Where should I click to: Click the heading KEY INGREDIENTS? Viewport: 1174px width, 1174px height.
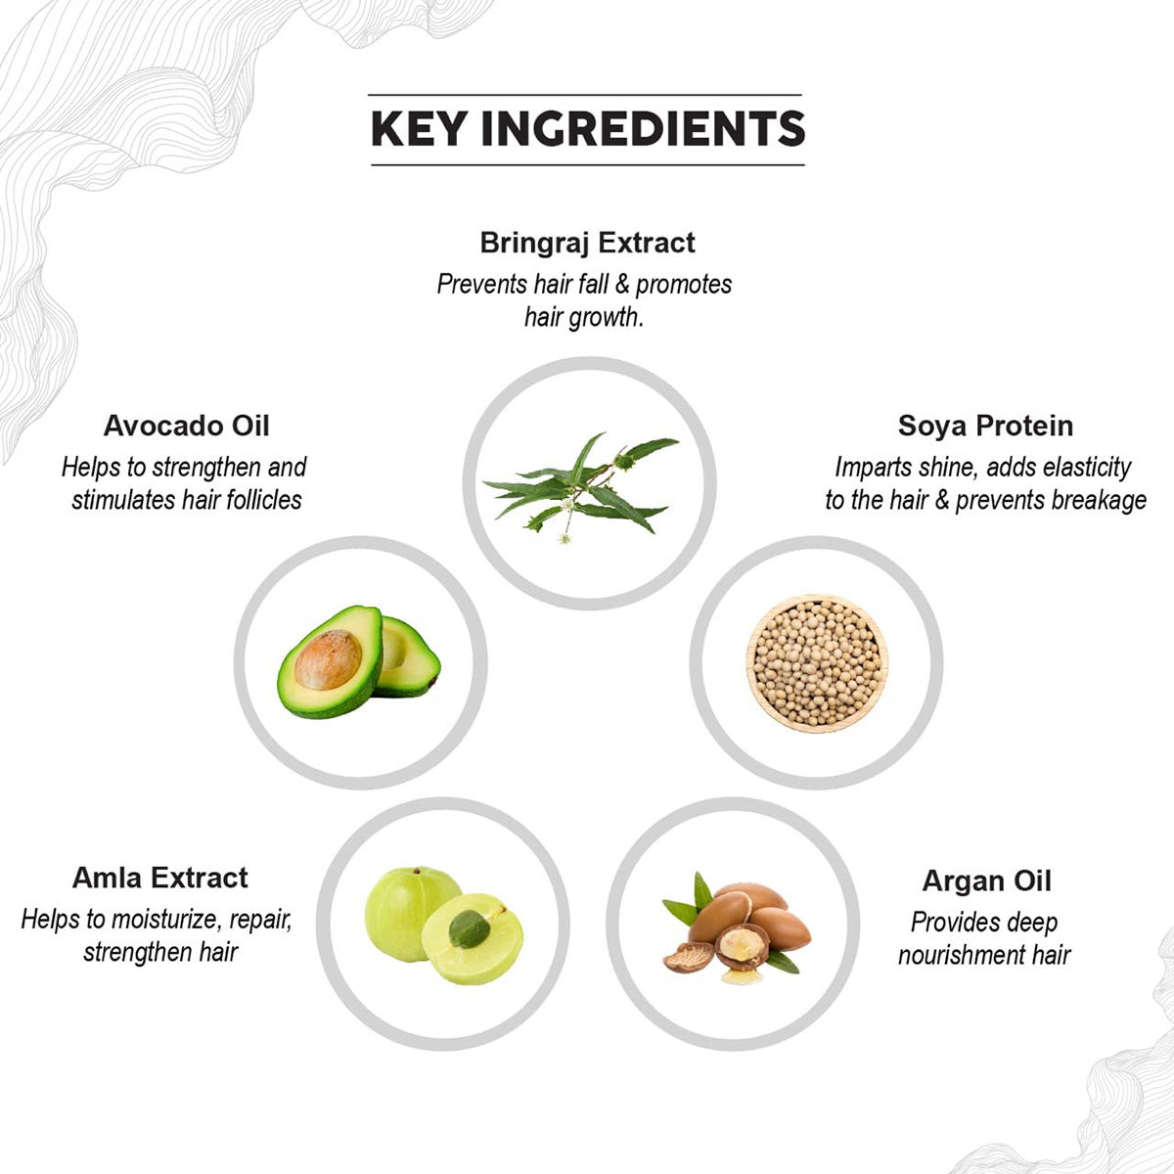coord(588,129)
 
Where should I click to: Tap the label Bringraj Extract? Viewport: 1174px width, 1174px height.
coord(587,243)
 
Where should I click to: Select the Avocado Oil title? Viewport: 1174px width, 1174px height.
coord(187,426)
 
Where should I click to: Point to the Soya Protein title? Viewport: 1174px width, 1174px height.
coord(985,426)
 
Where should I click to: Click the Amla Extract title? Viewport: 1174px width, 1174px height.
coord(160,878)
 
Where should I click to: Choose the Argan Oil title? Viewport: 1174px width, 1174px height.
coord(986,880)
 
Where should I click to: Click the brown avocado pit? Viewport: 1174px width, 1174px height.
coord(328,659)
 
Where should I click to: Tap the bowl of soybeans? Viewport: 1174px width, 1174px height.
coord(817,663)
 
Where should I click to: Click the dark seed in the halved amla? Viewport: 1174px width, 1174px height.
coord(470,929)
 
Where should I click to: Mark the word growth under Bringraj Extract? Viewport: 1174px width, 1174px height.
coord(606,317)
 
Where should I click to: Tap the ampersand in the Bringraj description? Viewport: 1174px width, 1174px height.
coord(622,285)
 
